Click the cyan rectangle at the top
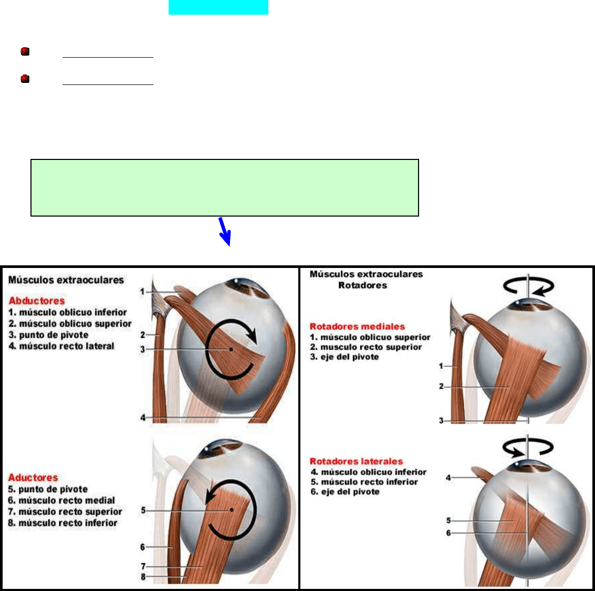point(218,7)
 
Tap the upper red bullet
point(25,51)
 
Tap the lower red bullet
point(25,79)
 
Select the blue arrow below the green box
point(225,231)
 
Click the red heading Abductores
point(36,301)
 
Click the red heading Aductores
point(33,477)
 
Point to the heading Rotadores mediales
point(357,326)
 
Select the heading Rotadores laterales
point(356,461)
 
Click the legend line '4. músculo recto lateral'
point(61,346)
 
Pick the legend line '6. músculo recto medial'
point(61,500)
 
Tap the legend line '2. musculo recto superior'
point(366,347)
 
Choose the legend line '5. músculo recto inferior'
point(364,482)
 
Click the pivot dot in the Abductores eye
point(231,349)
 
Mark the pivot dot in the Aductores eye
point(232,510)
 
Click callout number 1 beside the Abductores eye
point(142,292)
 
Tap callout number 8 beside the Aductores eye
point(143,577)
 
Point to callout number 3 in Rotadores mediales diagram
point(441,421)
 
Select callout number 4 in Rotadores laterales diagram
point(448,478)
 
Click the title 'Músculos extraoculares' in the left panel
point(66,280)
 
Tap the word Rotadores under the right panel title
point(362,285)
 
